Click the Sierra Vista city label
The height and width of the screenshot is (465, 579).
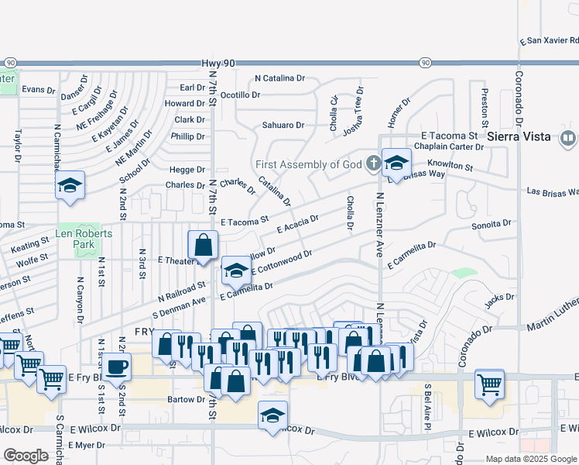click(x=519, y=136)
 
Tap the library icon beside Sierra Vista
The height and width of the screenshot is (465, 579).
click(x=567, y=138)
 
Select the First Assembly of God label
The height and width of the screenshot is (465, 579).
click(x=308, y=164)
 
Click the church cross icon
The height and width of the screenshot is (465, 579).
click(x=374, y=164)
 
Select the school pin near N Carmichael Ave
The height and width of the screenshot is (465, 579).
click(x=70, y=186)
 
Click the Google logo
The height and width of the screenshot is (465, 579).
click(x=26, y=455)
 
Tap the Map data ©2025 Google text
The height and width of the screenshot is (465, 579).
click(x=530, y=459)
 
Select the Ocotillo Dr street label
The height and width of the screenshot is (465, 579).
click(x=240, y=95)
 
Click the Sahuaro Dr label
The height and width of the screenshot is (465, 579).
click(x=283, y=125)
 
